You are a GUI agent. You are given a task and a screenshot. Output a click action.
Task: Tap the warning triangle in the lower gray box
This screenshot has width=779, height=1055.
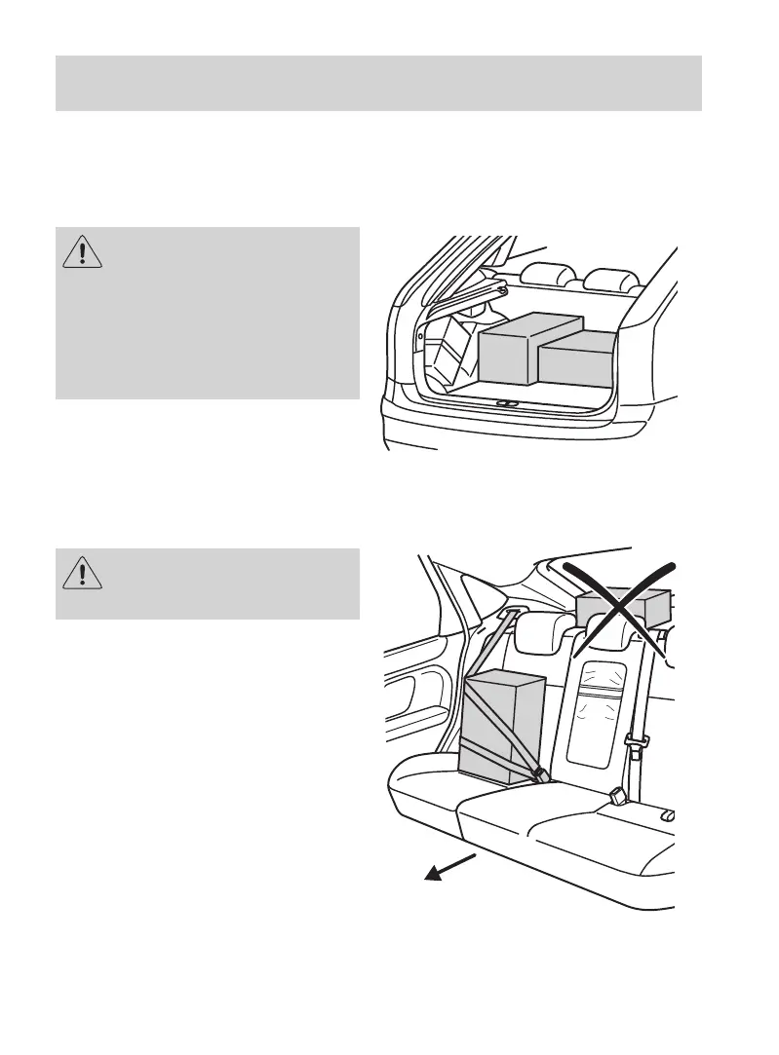tap(84, 573)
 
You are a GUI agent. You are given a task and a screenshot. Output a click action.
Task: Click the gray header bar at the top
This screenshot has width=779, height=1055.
tap(378, 83)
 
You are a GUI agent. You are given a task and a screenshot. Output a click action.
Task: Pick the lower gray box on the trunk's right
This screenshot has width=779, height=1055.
tap(577, 358)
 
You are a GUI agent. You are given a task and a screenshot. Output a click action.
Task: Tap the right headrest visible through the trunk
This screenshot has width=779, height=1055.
tap(609, 281)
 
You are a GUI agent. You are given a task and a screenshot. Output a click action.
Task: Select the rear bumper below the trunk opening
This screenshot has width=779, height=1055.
tap(526, 429)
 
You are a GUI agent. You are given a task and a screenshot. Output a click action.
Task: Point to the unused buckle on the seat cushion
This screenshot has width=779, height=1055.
tap(616, 796)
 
